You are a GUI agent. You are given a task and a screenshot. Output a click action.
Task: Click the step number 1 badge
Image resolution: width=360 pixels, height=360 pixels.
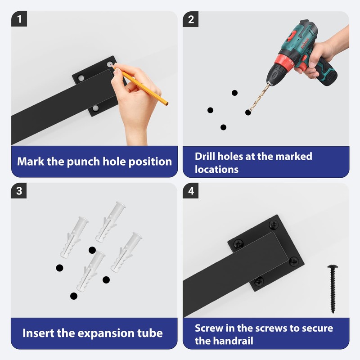point(19,19)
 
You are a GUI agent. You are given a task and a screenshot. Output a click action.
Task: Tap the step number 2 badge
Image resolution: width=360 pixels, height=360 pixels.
point(190,19)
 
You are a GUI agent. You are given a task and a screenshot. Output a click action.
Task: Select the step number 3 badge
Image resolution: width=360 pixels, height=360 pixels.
point(19,190)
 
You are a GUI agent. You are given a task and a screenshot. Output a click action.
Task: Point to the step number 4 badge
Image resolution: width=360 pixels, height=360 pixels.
point(190,190)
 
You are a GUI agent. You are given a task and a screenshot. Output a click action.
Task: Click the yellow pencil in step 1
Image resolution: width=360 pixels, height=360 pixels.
point(140,85)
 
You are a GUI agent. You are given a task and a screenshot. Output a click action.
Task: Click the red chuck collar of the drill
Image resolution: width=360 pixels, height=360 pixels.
point(285,63)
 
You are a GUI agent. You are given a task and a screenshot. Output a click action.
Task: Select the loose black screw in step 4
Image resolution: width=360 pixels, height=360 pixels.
point(333,289)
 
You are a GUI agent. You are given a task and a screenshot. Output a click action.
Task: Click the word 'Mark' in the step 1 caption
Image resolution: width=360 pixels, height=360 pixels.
point(31,162)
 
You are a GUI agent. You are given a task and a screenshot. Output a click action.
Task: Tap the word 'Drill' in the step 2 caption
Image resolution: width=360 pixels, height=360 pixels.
point(205,156)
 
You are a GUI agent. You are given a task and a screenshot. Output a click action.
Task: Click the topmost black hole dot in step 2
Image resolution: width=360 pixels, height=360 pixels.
point(234,93)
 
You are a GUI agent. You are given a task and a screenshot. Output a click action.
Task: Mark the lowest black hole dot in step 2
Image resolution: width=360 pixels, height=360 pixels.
point(223,127)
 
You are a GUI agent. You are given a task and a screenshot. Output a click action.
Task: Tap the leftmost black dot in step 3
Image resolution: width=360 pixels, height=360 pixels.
point(59,268)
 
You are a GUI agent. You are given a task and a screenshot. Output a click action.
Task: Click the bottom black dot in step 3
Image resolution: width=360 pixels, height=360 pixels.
point(73,296)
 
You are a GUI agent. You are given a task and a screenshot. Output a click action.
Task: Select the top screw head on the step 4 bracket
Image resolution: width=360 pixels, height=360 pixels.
point(274,225)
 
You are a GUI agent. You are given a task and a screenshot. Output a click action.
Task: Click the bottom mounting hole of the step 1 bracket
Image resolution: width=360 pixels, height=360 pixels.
point(95,108)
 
